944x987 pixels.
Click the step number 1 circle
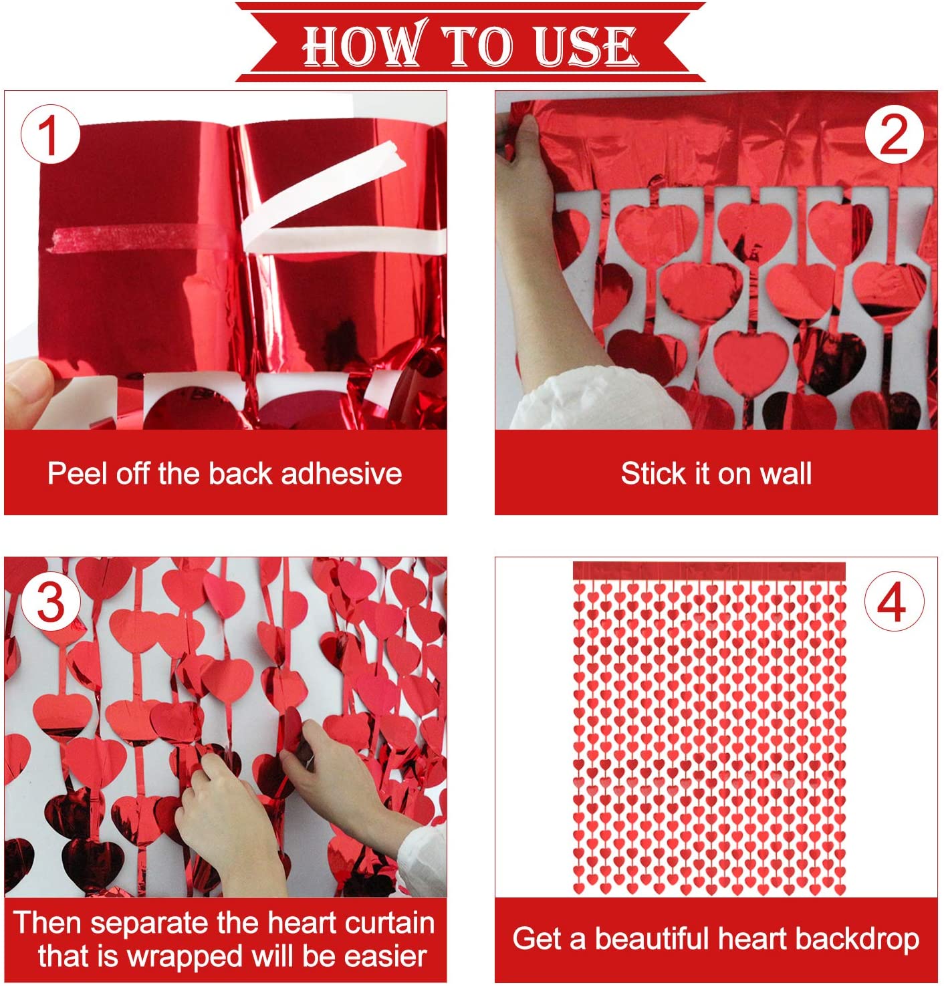click(50, 134)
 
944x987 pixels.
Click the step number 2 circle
click(894, 134)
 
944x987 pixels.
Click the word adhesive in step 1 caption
click(341, 473)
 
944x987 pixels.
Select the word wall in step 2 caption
click(786, 473)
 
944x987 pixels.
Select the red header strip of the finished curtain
click(709, 571)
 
